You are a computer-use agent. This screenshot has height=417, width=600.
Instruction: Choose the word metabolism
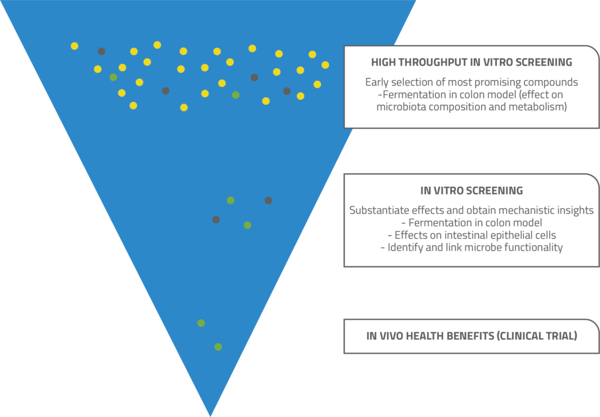tap(538, 107)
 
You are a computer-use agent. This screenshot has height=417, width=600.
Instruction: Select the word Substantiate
tap(380, 210)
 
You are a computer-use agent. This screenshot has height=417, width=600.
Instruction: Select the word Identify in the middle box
tap(408, 247)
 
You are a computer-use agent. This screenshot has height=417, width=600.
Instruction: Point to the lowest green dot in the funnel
tap(218, 347)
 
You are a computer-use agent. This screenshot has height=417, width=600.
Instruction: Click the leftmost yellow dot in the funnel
tap(74, 46)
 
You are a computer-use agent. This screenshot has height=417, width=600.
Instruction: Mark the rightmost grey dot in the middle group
tap(268, 200)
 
